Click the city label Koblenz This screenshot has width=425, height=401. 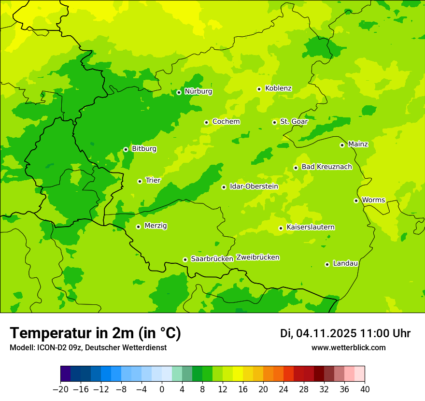[x=278, y=88]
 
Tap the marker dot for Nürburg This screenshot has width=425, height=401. [x=179, y=92]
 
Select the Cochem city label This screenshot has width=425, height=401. [x=226, y=122]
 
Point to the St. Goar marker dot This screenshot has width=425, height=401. [x=274, y=122]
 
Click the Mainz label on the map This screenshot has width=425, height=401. [x=358, y=144]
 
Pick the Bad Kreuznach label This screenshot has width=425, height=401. [x=326, y=167]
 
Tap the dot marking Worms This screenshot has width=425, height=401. [x=356, y=200]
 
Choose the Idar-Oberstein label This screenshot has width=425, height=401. [x=254, y=186]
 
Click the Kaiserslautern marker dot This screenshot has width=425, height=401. [x=281, y=228]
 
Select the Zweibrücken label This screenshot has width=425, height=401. [x=257, y=258]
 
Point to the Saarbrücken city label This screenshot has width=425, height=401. [x=212, y=259]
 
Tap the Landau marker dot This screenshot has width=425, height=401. [x=327, y=264]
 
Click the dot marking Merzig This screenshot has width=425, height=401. [x=138, y=227]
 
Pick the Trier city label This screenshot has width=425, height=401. [x=153, y=181]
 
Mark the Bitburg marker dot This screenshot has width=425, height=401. [x=126, y=149]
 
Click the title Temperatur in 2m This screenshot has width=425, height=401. [x=95, y=333]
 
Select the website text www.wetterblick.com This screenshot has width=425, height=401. [x=348, y=348]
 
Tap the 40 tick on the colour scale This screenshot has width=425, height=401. [x=365, y=389]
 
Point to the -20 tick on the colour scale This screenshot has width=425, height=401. [x=60, y=389]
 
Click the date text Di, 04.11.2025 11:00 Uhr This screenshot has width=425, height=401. [x=345, y=333]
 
